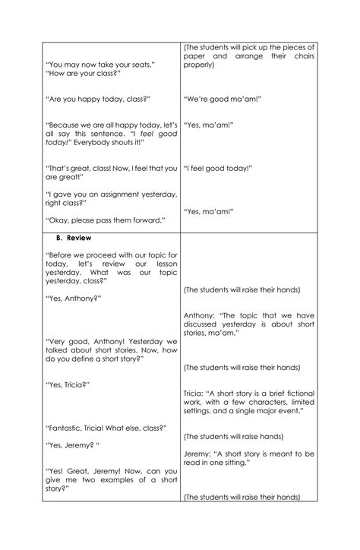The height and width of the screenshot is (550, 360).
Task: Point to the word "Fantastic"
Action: (69, 428)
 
